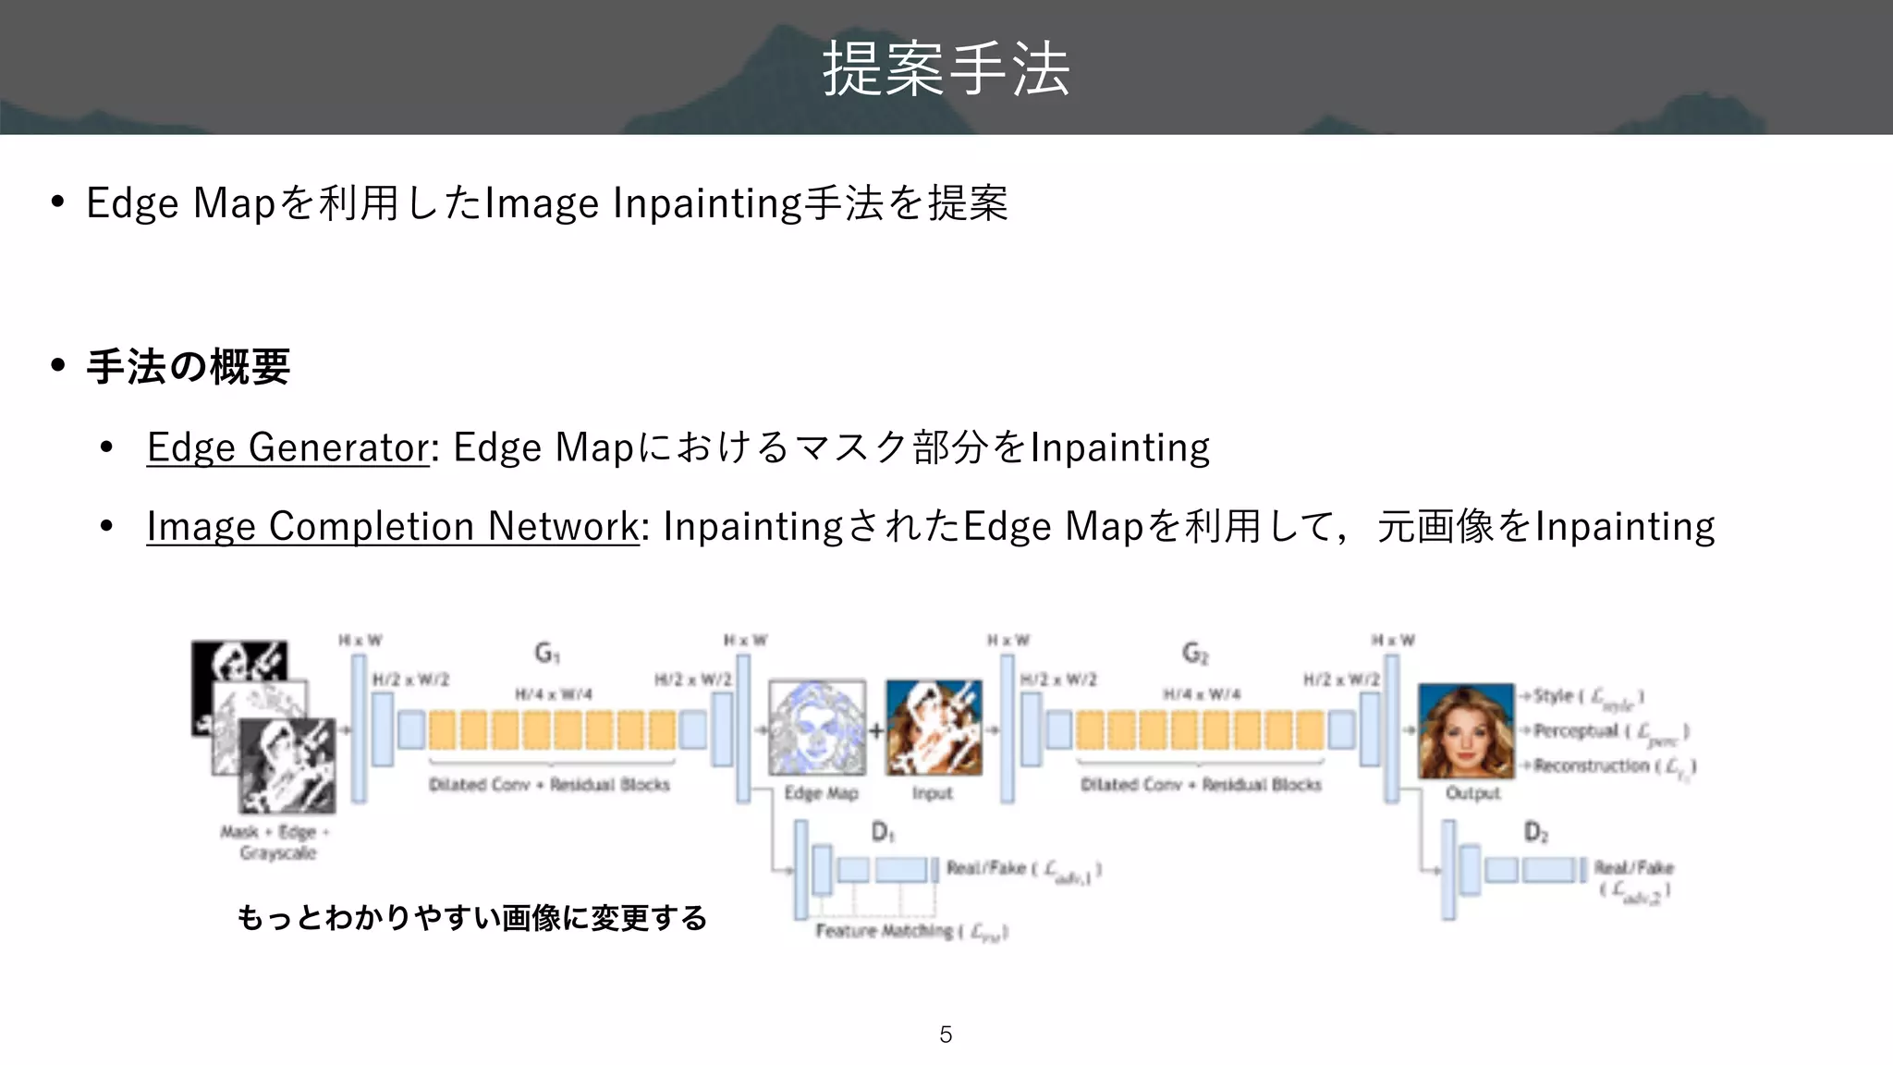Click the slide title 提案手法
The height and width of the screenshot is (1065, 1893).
946,68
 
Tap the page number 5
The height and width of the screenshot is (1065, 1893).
946,1034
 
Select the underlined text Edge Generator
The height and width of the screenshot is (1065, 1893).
287,447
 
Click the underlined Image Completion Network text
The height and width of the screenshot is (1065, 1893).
392,526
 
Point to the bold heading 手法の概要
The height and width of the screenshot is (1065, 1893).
188,367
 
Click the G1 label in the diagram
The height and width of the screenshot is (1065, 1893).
547,654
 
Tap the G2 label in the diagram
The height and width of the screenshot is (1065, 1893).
1195,654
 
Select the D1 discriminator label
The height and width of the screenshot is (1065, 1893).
883,832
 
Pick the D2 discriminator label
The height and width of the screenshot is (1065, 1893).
1535,832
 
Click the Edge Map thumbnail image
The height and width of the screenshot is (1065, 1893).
817,728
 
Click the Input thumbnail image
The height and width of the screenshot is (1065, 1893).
934,728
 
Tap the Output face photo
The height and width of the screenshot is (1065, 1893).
1466,731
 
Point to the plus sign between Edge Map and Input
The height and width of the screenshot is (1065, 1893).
875,731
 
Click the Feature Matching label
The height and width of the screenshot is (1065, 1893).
910,931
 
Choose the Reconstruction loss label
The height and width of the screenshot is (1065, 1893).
1614,766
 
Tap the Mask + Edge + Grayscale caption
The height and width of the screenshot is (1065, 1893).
276,842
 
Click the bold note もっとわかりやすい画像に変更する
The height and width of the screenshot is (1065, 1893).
471,918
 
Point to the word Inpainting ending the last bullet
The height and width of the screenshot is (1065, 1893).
1624,526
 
